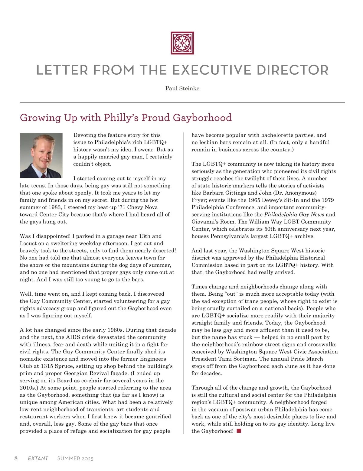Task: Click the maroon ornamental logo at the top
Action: [182, 43]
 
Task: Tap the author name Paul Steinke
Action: [182, 88]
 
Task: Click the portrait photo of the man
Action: [41, 155]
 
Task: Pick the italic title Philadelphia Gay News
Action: [294, 215]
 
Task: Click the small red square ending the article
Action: [239, 431]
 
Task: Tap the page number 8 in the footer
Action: [16, 458]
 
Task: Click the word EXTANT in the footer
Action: [38, 459]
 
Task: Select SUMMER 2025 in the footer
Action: [75, 459]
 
